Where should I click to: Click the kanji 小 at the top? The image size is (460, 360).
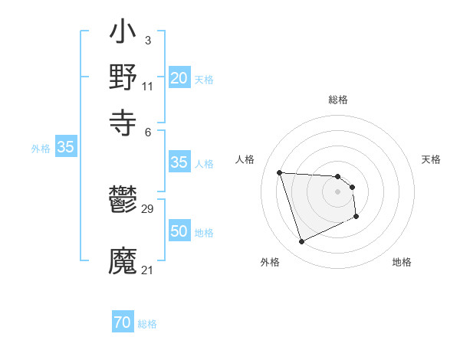click(x=123, y=34)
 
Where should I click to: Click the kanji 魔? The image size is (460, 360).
click(x=123, y=260)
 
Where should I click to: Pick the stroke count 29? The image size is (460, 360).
click(x=148, y=209)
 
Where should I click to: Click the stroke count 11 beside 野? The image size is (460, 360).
click(x=148, y=86)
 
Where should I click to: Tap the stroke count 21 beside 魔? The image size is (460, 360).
click(x=148, y=270)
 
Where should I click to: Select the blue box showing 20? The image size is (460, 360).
click(x=179, y=78)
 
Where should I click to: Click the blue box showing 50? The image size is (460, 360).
click(x=179, y=231)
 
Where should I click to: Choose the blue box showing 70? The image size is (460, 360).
click(x=122, y=323)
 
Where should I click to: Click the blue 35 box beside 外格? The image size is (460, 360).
click(x=66, y=148)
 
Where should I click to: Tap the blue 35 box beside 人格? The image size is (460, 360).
click(x=179, y=162)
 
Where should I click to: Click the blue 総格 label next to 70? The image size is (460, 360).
click(x=147, y=324)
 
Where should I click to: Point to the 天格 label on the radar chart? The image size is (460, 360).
click(x=431, y=159)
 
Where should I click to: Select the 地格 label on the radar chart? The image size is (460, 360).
click(x=402, y=262)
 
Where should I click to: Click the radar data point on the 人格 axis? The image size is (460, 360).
click(x=280, y=172)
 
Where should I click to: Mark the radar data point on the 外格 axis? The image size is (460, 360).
click(x=301, y=242)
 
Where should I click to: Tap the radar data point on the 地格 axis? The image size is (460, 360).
click(x=357, y=217)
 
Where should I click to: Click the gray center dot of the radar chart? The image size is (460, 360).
click(x=337, y=191)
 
